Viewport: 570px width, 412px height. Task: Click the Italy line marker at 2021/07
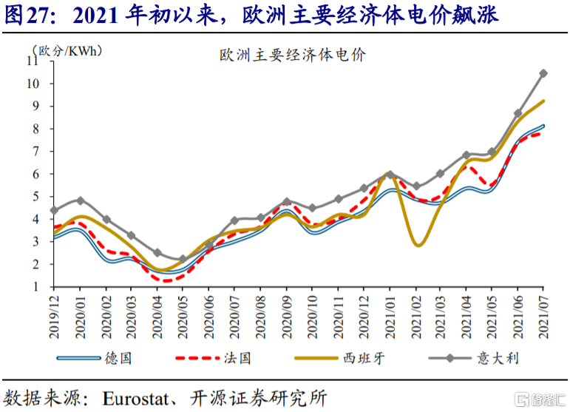pyautogui.click(x=543, y=73)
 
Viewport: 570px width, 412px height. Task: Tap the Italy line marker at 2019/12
pyautogui.click(x=53, y=210)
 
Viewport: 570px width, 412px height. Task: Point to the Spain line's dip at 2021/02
pyautogui.click(x=418, y=245)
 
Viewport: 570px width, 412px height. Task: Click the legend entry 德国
pyautogui.click(x=118, y=358)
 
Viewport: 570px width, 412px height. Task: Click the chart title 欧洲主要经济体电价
pyautogui.click(x=293, y=55)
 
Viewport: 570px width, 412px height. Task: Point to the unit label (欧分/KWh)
pyautogui.click(x=66, y=51)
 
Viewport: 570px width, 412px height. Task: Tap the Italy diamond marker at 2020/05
pyautogui.click(x=183, y=260)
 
